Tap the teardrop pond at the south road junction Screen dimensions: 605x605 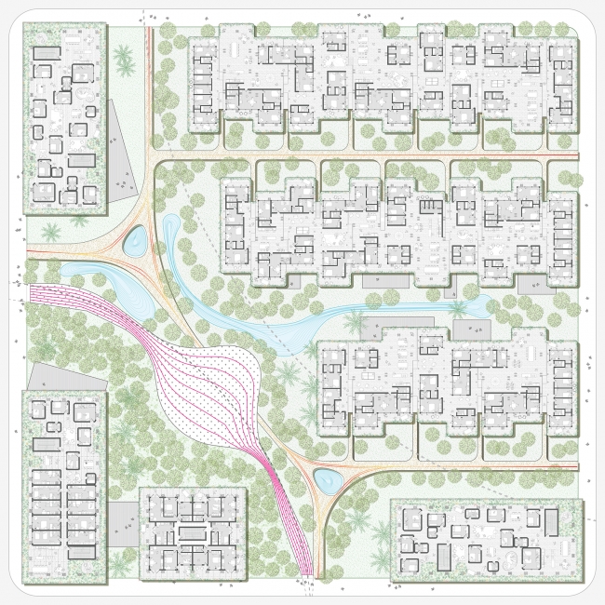coord(327,480)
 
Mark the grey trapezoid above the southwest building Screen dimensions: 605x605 coord(47,376)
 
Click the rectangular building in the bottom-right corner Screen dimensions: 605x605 coord(485,541)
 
